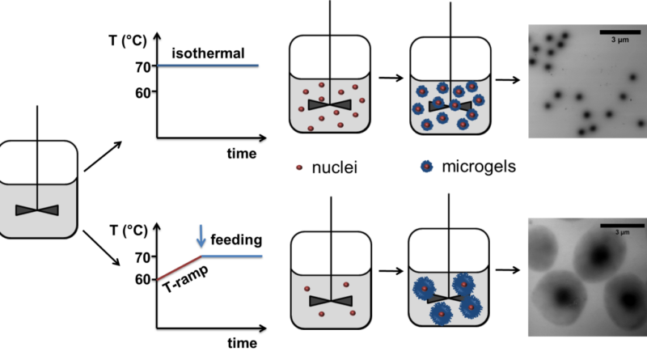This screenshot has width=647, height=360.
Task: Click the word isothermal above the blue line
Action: coord(208,53)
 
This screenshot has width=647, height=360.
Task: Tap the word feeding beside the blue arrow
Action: coord(236,239)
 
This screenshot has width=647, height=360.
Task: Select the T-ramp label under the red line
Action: coord(186,278)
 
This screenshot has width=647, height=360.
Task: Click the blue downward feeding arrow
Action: coord(201,235)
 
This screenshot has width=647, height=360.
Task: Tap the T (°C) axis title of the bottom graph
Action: coord(129,231)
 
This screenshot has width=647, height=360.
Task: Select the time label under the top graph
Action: coord(241,154)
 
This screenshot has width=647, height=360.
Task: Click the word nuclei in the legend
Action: coord(334,167)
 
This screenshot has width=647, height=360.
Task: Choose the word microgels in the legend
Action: coord(479,167)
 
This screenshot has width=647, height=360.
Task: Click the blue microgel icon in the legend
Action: coord(427,167)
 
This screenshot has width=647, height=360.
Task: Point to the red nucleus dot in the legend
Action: coord(299,167)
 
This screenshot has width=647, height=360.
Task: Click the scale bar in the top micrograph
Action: coord(620,32)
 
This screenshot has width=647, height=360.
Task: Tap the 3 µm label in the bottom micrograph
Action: coord(622,232)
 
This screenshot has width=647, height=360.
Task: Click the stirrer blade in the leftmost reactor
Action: coord(37,210)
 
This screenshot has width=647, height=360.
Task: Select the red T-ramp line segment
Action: coord(179,268)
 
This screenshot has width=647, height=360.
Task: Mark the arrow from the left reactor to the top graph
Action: coord(103,156)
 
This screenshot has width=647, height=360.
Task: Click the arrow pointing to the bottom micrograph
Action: coord(508,270)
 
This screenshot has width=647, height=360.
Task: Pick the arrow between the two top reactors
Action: coord(391,78)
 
